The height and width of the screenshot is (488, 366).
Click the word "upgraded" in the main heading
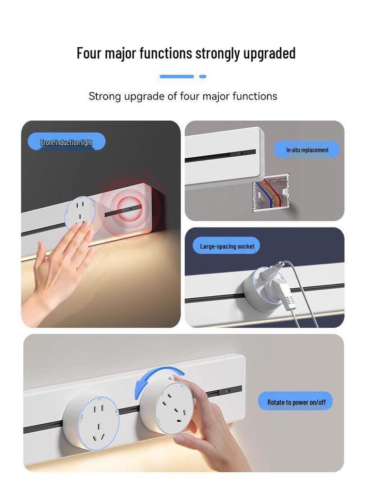pos(269,53)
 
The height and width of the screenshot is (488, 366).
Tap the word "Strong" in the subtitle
pos(104,96)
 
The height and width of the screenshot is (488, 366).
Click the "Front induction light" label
pos(66,142)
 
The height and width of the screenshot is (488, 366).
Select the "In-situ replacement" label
pos(307,150)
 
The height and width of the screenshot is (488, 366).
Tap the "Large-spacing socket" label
pos(227,246)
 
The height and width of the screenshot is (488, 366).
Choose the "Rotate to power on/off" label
pos(296,402)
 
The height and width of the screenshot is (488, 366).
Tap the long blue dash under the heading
pos(176,76)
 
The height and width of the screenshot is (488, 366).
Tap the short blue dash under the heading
pos(203,76)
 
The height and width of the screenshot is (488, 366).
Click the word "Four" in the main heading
pos(89,53)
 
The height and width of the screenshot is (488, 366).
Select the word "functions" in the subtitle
pos(254,96)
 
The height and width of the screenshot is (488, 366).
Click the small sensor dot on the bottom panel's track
pos(229,391)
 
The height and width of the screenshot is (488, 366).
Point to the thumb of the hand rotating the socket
pos(180,379)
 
